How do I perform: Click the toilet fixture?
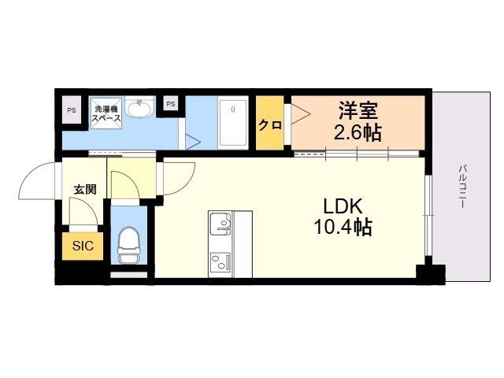[x=127, y=245]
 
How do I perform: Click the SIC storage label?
[x=83, y=246]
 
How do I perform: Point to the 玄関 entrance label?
[x=85, y=189]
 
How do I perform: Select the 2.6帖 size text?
[x=358, y=132]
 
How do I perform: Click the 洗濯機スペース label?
[x=106, y=113]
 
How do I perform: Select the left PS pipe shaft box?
[x=72, y=109]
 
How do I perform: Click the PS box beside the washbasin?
[x=171, y=103]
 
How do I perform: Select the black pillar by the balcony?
[x=429, y=275]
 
